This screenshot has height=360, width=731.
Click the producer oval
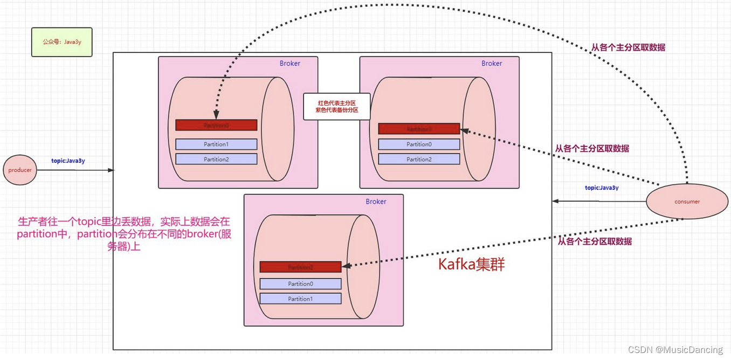pyautogui.click(x=20, y=170)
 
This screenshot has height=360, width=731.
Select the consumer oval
pyautogui.click(x=687, y=202)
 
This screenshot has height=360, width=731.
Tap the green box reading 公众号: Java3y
pyautogui.click(x=62, y=42)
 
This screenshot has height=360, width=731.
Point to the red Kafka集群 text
pyautogui.click(x=471, y=265)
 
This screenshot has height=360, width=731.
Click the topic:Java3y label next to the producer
pyautogui.click(x=68, y=161)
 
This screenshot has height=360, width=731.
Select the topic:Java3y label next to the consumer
pyautogui.click(x=602, y=188)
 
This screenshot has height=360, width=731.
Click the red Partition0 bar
pyautogui.click(x=216, y=125)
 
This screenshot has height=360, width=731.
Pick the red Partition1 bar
pyautogui.click(x=419, y=129)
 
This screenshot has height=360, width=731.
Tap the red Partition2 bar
pyautogui.click(x=300, y=267)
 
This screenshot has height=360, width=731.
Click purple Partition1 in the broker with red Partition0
pyautogui.click(x=216, y=144)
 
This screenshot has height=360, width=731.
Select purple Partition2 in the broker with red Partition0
pyautogui.click(x=216, y=159)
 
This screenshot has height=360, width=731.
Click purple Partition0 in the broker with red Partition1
pyautogui.click(x=419, y=144)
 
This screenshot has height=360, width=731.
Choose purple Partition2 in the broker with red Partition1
pyautogui.click(x=419, y=159)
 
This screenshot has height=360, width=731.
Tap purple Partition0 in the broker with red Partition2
pyautogui.click(x=300, y=283)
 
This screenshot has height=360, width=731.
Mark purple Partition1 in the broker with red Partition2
pyautogui.click(x=300, y=299)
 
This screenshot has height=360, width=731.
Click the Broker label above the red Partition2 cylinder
pyautogui.click(x=376, y=202)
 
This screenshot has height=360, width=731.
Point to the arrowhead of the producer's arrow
pyautogui.click(x=112, y=170)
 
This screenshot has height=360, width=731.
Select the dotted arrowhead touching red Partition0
pyautogui.click(x=216, y=115)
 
